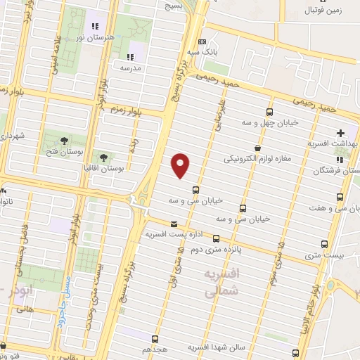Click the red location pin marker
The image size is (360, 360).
[x=181, y=165]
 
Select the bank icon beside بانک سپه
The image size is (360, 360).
[x=202, y=41]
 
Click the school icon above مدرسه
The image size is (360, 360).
[x=129, y=57]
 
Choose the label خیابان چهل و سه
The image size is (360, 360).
[x=269, y=122]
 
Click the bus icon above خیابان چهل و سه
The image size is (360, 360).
[x=269, y=112]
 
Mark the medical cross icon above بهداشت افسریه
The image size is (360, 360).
[x=341, y=133]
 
